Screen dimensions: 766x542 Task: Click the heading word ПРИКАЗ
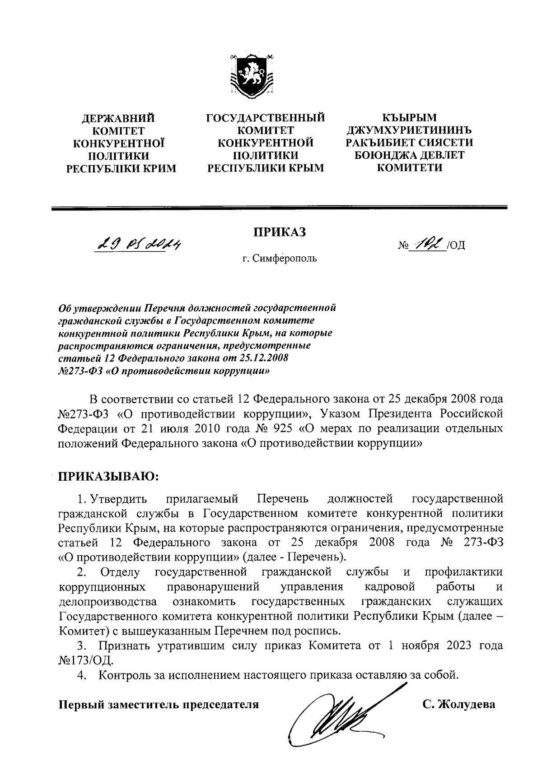279,232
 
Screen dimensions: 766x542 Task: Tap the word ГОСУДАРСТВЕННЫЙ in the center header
266,118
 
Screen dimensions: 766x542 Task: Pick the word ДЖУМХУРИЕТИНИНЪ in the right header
409,131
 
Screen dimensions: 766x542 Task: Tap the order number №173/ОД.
85,661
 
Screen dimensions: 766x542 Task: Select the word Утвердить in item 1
119,499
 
